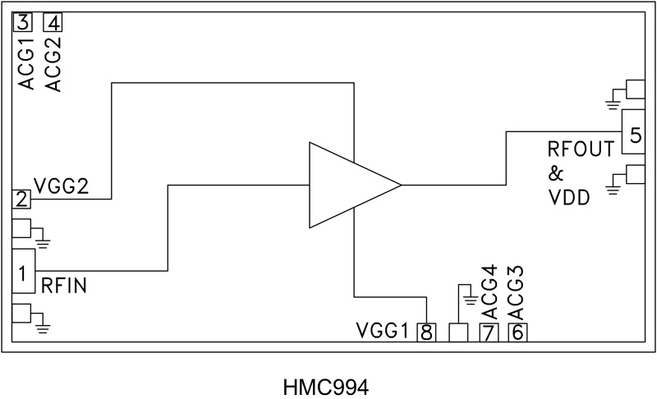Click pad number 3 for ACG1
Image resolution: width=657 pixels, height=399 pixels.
coord(22,22)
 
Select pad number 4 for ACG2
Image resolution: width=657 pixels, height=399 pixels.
coord(53,22)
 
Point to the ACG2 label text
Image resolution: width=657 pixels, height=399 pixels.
coord(53,64)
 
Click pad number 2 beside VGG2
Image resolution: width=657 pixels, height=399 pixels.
coord(22,199)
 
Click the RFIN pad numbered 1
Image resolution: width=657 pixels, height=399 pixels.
coord(24,270)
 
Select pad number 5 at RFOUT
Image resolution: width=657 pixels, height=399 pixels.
coord(632,131)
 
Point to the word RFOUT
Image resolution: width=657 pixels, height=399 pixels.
coord(581,151)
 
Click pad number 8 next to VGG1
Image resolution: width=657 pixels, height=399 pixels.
coord(427,332)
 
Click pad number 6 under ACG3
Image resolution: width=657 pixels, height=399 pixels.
coord(517,332)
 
